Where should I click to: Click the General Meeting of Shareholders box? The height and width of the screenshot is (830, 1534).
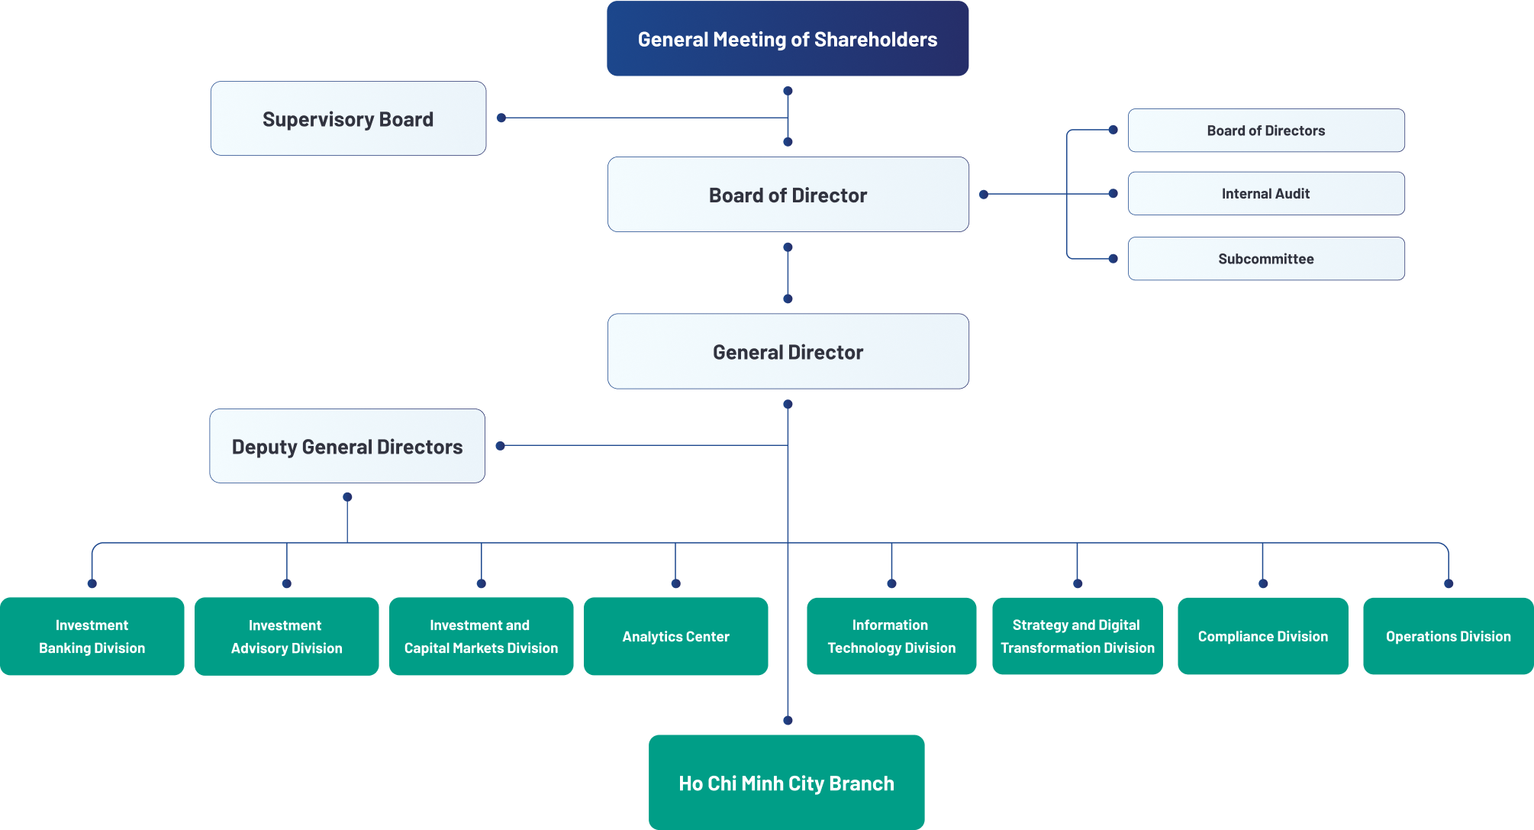[x=788, y=39]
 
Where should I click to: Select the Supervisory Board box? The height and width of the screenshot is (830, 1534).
[x=348, y=119]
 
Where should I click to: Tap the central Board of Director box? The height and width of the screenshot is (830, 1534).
[x=788, y=195]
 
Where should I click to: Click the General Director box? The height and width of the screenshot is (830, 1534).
[x=788, y=352]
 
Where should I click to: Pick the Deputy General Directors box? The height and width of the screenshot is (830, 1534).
[x=347, y=447]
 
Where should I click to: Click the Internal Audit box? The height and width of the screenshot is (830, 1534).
[x=1265, y=194]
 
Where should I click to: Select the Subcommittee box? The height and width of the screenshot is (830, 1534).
[x=1265, y=259]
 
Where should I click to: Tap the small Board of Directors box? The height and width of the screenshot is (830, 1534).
[x=1265, y=131]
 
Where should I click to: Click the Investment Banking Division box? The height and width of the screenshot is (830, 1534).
[x=92, y=636]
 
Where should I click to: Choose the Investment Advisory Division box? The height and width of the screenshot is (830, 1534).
[x=287, y=636]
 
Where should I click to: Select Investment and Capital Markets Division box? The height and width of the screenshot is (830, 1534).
[x=481, y=636]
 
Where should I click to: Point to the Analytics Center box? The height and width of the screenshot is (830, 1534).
[x=675, y=636]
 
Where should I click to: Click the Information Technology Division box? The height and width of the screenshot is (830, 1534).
[x=891, y=636]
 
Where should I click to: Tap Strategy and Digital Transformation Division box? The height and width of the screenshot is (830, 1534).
[x=1077, y=636]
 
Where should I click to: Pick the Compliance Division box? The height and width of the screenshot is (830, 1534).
[x=1262, y=636]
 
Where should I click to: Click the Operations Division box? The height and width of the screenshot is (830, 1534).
[x=1448, y=636]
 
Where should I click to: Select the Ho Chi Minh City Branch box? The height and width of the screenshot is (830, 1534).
[x=786, y=783]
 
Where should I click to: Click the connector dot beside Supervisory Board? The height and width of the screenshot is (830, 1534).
[x=501, y=118]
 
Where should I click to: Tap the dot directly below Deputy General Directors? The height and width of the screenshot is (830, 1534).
[x=347, y=497]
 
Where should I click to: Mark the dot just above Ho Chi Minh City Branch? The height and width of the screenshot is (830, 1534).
[x=788, y=720]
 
